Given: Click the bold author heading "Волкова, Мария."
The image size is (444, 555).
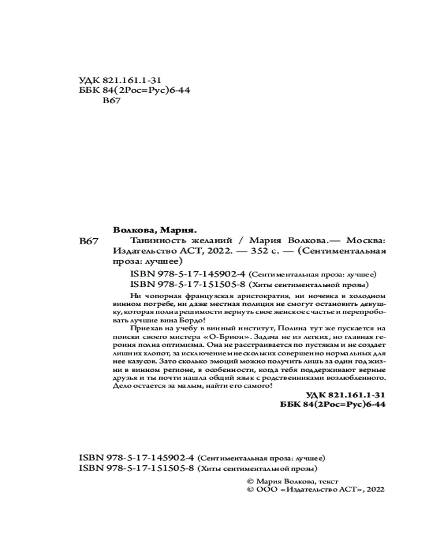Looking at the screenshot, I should pyautogui.click(x=155, y=229).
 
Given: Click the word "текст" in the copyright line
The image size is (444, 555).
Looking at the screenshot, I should pyautogui.click(x=328, y=481).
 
